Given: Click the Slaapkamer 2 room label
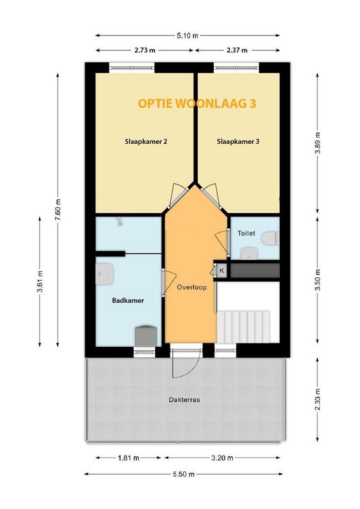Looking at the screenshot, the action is [x=146, y=142].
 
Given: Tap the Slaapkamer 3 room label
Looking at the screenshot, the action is [x=238, y=142].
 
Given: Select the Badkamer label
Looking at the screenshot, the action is [x=128, y=300].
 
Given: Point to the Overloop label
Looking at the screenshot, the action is [x=191, y=288].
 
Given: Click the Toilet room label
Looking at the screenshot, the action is [x=246, y=233].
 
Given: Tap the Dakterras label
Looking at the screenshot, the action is [x=184, y=400].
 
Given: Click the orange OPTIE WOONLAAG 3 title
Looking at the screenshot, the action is [x=197, y=103].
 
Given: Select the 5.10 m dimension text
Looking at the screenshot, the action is [x=187, y=36].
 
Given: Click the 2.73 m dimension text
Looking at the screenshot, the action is [x=144, y=50].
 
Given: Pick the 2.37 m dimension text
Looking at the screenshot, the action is [x=237, y=50].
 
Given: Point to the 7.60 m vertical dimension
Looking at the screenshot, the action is [x=58, y=209].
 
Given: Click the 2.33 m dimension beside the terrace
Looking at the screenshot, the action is [x=318, y=400].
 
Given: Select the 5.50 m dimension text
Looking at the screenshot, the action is [x=183, y=474].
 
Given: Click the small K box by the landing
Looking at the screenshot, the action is [x=222, y=270].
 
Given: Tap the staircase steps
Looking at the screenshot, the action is [x=244, y=327].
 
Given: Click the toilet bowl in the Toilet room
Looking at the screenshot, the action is [x=270, y=238].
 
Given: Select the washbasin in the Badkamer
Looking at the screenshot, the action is [x=104, y=274].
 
